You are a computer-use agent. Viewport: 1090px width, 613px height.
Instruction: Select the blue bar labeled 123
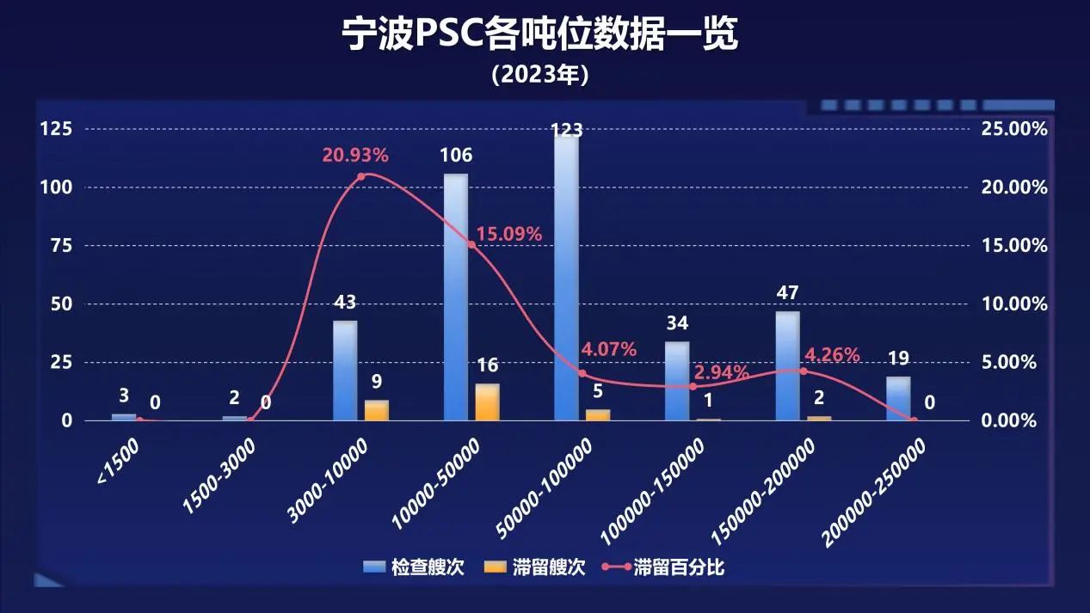pyautogui.click(x=566, y=275)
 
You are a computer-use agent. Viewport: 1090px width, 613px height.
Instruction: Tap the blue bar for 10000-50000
pyautogui.click(x=456, y=297)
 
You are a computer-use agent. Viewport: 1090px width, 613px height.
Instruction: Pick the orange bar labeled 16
pyautogui.click(x=487, y=402)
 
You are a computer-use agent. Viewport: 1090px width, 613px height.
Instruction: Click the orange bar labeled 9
pyautogui.click(x=377, y=410)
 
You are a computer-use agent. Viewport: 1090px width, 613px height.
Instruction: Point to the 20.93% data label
pyautogui.click(x=355, y=156)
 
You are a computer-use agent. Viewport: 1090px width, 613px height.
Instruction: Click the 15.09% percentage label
pyautogui.click(x=508, y=234)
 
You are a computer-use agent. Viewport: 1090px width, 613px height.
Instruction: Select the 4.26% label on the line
pyautogui.click(x=832, y=354)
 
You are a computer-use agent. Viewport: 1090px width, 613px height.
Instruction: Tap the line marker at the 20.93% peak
pyautogui.click(x=361, y=176)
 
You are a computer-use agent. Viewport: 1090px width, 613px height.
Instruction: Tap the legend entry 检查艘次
pyautogui.click(x=415, y=567)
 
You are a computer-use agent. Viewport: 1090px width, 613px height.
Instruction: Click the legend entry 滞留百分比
pyautogui.click(x=668, y=567)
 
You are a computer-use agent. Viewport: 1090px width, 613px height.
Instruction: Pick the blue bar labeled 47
pyautogui.click(x=787, y=365)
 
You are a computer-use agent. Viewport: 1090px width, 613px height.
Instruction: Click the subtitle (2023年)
pyautogui.click(x=539, y=75)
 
